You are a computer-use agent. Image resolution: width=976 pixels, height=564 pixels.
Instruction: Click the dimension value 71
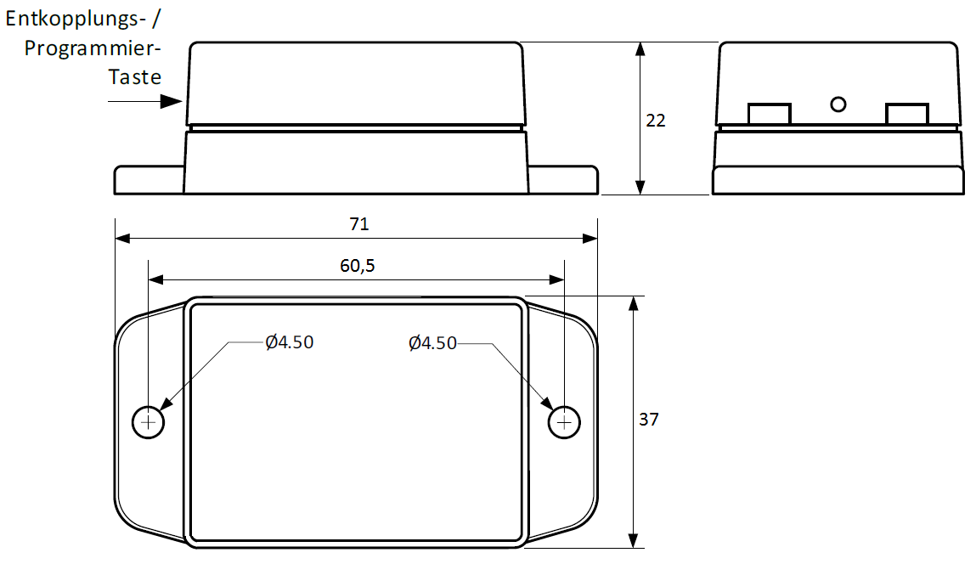358,224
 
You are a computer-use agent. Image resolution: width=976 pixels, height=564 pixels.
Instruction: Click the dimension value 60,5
358,265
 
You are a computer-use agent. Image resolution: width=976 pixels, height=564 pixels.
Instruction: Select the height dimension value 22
656,121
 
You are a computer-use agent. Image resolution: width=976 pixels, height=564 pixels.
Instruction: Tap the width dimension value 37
649,420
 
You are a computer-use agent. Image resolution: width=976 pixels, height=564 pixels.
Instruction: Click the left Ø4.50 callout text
289,342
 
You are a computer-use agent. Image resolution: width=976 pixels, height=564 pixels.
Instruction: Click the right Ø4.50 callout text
432,342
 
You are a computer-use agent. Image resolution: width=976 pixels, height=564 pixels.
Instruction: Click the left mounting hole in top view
149,422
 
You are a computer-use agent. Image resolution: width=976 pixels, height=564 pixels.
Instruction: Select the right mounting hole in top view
564,422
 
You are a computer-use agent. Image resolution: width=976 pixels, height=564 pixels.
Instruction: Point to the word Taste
135,77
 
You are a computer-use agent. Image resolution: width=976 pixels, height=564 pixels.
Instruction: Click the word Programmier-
93,48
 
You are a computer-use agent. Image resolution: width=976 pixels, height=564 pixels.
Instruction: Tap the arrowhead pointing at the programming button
172,102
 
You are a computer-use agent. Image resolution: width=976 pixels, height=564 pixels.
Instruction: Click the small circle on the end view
838,104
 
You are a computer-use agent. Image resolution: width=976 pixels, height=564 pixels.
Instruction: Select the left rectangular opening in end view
769,114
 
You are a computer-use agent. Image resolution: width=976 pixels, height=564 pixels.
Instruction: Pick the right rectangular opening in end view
906,114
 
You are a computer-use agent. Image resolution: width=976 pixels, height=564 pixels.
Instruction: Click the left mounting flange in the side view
149,180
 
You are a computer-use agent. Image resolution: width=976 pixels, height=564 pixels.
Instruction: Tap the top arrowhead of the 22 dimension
641,49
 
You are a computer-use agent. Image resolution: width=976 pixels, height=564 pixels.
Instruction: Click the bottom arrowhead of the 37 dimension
633,541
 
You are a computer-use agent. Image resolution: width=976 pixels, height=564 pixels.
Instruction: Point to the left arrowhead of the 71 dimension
122,239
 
